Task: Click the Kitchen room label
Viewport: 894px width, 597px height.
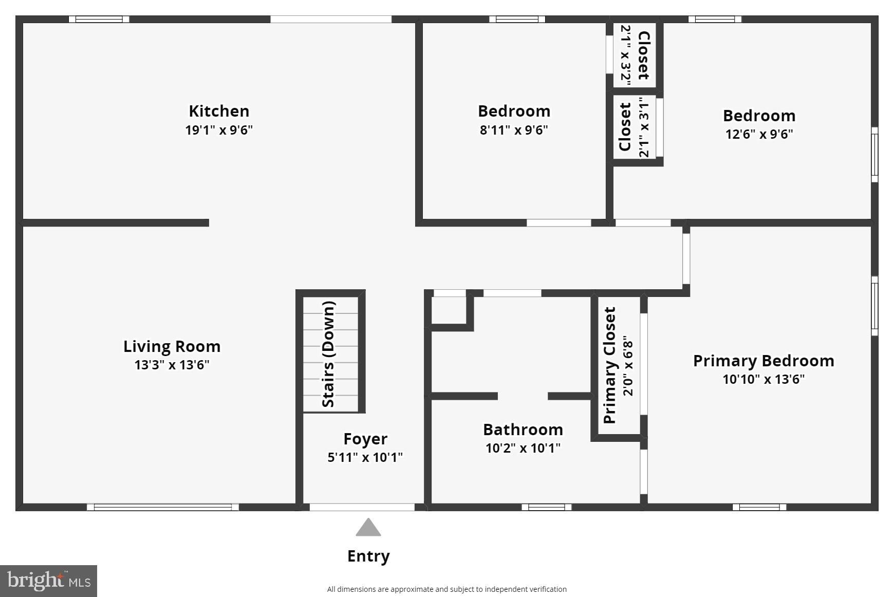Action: [219, 111]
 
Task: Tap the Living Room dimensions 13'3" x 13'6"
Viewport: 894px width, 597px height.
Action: [172, 365]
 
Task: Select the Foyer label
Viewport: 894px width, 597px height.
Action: [365, 439]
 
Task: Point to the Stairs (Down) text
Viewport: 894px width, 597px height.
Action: [328, 354]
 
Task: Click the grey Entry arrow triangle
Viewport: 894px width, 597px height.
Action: [368, 528]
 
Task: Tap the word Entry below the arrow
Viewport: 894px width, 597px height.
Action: [368, 556]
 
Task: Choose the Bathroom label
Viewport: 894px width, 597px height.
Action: [523, 430]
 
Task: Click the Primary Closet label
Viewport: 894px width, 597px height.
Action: [610, 365]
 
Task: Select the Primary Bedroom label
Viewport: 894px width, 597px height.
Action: [763, 361]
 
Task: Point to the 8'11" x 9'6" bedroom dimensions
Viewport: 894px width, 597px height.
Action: [514, 130]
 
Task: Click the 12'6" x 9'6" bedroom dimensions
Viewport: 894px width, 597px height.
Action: [759, 134]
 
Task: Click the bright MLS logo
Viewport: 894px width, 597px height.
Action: [48, 581]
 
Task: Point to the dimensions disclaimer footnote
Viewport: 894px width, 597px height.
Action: [446, 589]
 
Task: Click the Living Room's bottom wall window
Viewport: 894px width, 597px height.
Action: [163, 507]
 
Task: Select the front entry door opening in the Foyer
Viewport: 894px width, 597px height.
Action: [362, 507]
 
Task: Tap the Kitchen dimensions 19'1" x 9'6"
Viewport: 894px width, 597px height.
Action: [219, 130]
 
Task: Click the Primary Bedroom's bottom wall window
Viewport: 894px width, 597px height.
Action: [759, 507]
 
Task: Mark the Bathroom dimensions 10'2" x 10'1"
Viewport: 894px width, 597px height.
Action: [523, 449]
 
